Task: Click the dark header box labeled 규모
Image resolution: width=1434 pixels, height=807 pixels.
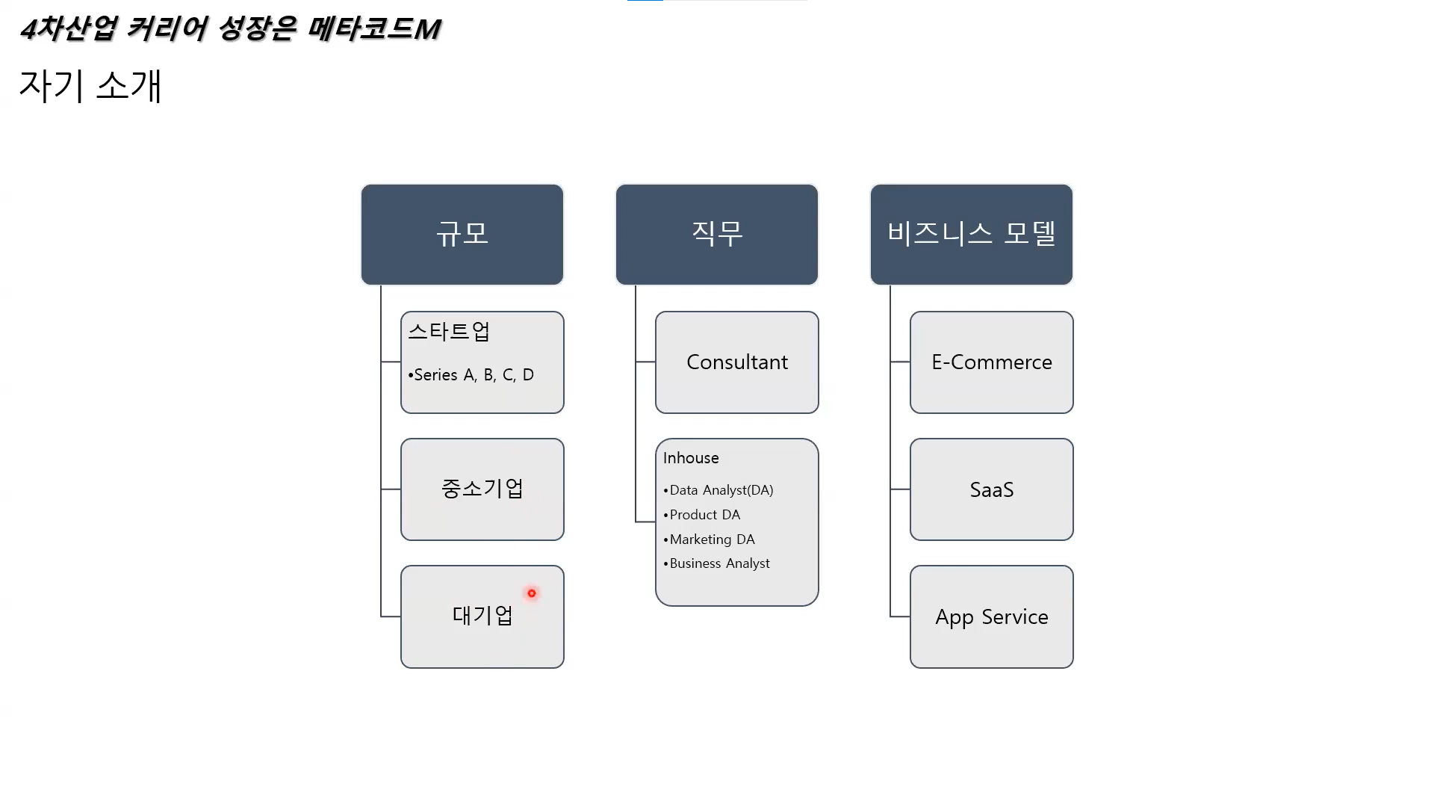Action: point(462,234)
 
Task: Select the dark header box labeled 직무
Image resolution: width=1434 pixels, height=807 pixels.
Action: point(716,234)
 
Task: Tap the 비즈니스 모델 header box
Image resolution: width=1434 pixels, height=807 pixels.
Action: point(971,234)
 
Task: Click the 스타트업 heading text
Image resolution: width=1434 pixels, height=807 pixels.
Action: point(449,331)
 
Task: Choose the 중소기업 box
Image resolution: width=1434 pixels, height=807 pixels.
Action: point(482,489)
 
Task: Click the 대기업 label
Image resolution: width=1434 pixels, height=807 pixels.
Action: point(482,616)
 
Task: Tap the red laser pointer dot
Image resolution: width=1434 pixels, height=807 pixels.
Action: point(532,593)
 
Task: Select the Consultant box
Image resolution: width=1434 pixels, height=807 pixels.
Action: point(736,362)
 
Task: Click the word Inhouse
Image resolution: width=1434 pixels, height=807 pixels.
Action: point(691,458)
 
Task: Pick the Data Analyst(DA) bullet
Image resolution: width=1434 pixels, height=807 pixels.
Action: point(721,490)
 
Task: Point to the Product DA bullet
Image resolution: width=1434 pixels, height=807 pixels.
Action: point(704,515)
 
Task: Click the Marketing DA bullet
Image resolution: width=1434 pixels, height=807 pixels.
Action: point(712,539)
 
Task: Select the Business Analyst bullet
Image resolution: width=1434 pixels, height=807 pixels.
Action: point(719,563)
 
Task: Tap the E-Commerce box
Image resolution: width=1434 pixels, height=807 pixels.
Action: point(991,362)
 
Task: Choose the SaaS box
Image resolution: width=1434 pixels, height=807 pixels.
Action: point(991,489)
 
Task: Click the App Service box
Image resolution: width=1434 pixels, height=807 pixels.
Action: point(991,616)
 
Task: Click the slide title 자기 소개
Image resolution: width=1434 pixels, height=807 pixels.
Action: point(90,86)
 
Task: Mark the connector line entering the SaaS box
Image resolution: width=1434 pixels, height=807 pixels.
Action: point(900,489)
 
